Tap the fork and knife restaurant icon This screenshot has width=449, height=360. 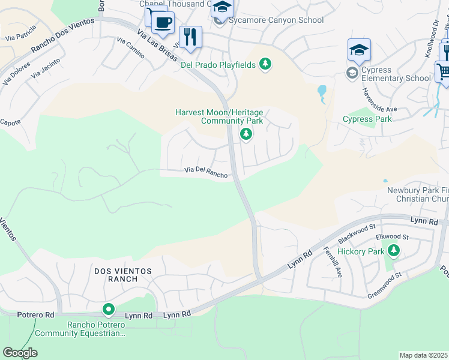pyautogui.click(x=190, y=37)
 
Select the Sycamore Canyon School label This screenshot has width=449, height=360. pyautogui.click(x=276, y=20)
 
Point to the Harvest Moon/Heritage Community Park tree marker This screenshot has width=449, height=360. pyautogui.click(x=246, y=134)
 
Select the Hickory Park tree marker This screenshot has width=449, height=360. pyautogui.click(x=393, y=250)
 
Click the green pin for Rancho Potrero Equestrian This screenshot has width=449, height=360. pyautogui.click(x=109, y=310)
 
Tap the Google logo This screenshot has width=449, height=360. pyautogui.click(x=20, y=353)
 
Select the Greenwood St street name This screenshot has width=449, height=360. pyautogui.click(x=384, y=277)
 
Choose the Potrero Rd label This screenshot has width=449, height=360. pyautogui.click(x=36, y=314)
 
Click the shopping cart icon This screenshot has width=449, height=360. pyautogui.click(x=443, y=71)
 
